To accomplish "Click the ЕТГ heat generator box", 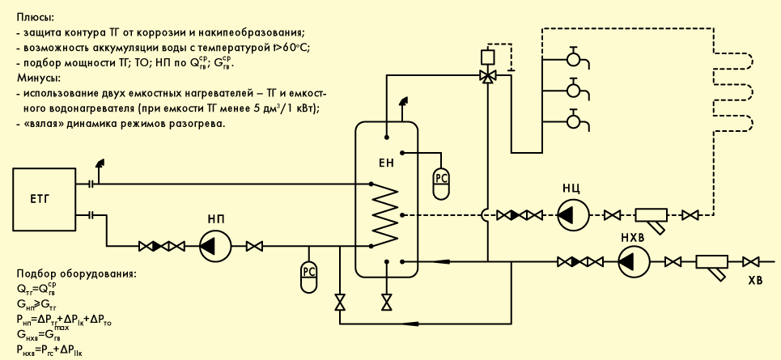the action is pyautogui.click(x=45, y=200).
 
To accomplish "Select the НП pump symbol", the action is pyautogui.click(x=215, y=246).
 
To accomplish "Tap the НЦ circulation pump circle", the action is pyautogui.click(x=572, y=215).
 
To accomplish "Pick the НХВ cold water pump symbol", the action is pyautogui.click(x=634, y=261).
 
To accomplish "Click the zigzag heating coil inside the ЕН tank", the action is pyautogui.click(x=385, y=215).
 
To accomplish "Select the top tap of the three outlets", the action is pyautogui.click(x=575, y=58).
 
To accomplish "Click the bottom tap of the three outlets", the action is pyautogui.click(x=575, y=120).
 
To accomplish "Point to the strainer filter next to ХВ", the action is pyautogui.click(x=711, y=266).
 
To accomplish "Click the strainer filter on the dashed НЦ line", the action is pyautogui.click(x=651, y=219).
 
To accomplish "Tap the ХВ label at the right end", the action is pyautogui.click(x=756, y=282).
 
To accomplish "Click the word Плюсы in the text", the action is pyautogui.click(x=36, y=18).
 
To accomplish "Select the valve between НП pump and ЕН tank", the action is pyautogui.click(x=255, y=246).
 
